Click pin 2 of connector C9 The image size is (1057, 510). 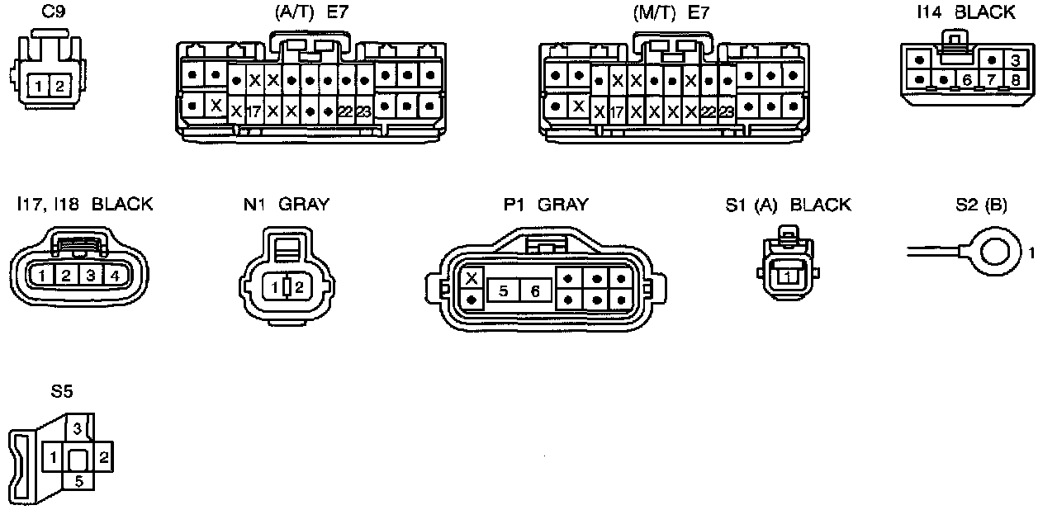point(57,84)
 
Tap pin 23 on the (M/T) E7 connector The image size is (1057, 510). point(727,111)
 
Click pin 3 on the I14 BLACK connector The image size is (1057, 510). point(1017,60)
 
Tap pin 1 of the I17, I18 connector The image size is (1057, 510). point(41,276)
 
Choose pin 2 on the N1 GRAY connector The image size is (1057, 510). point(299,288)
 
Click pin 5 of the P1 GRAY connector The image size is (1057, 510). point(503,290)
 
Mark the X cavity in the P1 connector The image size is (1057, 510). point(472,278)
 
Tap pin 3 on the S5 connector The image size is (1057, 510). point(77,428)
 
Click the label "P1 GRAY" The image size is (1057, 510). point(546,205)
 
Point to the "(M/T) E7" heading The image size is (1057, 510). point(671,12)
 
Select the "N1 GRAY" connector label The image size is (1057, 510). point(286,205)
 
